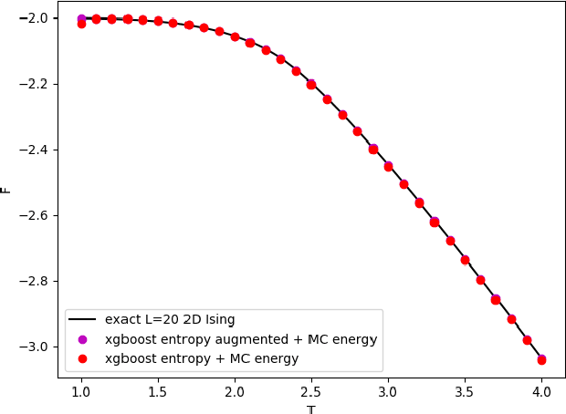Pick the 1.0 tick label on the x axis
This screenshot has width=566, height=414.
(81, 392)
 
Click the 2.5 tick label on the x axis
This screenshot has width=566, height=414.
(311, 392)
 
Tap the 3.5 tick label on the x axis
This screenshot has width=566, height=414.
(465, 392)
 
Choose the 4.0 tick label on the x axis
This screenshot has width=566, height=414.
(541, 392)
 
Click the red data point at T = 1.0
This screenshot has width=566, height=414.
(81, 23)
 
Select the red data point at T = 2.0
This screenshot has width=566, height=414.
(235, 37)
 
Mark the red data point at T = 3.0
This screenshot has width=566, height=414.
(388, 167)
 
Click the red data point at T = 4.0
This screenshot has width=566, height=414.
(541, 360)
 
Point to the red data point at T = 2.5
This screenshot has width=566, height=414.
(311, 85)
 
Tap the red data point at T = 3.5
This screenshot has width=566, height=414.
(465, 260)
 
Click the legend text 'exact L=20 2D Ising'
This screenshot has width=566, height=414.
(170, 319)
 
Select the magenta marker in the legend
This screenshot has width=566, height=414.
(83, 339)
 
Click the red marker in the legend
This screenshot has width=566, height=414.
(83, 358)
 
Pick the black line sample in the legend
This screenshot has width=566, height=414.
(83, 319)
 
